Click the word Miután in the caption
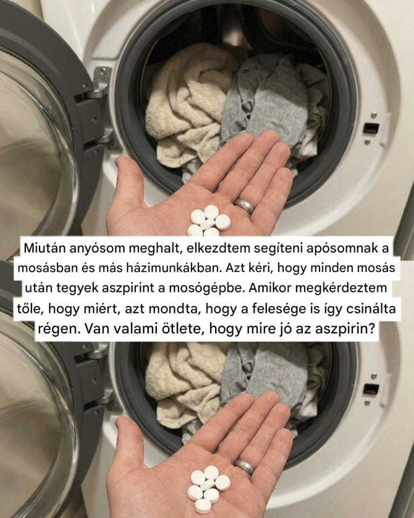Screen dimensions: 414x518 pyautogui.click(x=43, y=248)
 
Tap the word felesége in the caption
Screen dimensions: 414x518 pyautogui.click(x=278, y=309)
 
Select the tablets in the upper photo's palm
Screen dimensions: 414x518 pyautogui.click(x=209, y=220)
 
